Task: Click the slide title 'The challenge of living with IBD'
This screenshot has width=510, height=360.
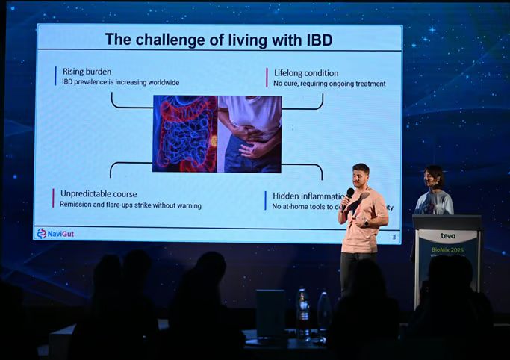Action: pos(218,40)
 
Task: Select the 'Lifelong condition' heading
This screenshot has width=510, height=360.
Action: pos(305,73)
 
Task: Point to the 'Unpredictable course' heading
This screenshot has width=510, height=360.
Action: pos(99,193)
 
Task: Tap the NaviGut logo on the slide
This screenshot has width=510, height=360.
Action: pos(56,234)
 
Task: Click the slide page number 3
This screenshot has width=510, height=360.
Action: pos(394,237)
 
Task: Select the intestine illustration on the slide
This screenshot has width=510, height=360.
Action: pos(184,134)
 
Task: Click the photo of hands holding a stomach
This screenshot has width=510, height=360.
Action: pos(249,134)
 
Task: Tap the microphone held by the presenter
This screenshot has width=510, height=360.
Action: pos(349,193)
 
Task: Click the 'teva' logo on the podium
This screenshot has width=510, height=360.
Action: pos(447,236)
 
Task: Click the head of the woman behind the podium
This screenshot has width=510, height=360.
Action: pos(433,177)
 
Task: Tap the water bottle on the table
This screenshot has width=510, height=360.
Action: pos(302,312)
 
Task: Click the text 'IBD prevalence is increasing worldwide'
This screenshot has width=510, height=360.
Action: pos(120,82)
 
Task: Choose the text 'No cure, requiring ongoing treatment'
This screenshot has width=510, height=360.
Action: pos(329,84)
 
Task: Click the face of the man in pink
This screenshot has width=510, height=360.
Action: pos(361,176)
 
